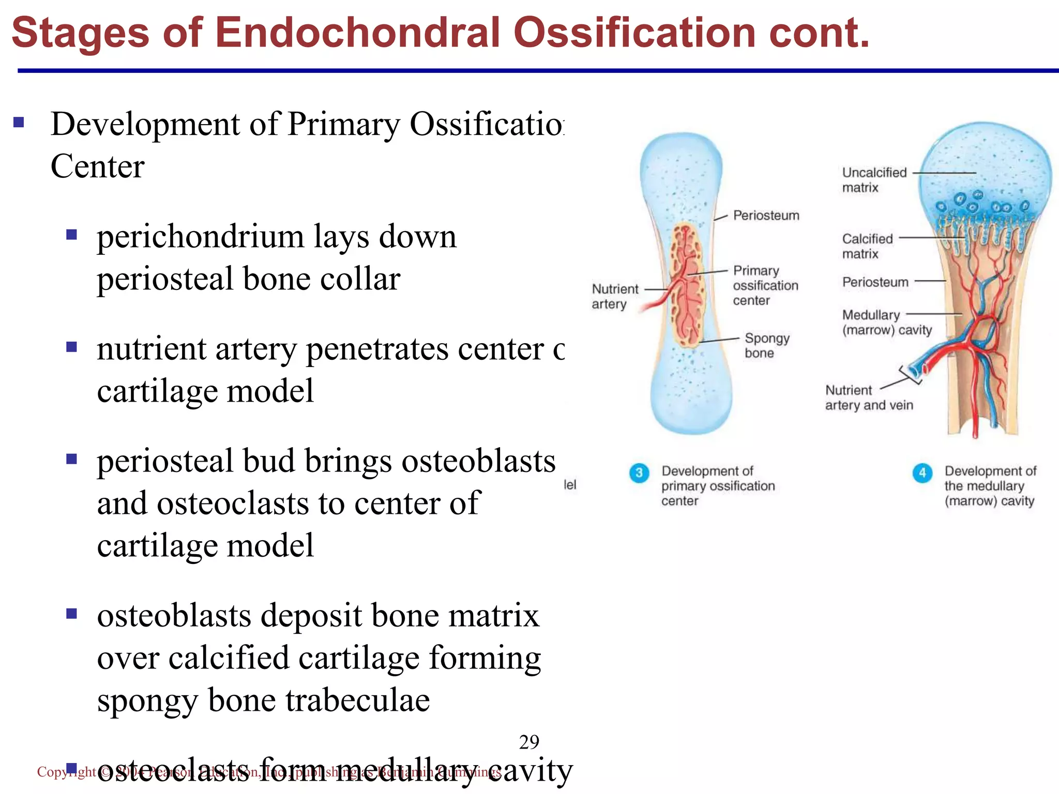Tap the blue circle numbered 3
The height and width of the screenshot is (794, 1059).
(x=639, y=472)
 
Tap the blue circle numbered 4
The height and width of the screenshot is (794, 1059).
(x=922, y=472)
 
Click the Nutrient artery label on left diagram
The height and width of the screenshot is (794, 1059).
(x=614, y=296)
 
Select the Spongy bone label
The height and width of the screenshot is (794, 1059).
(x=766, y=345)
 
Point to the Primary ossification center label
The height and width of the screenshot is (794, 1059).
(x=765, y=285)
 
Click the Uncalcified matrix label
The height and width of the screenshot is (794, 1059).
(x=874, y=180)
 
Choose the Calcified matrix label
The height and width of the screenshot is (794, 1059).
(x=867, y=246)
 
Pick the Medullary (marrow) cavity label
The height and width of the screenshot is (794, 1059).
(x=886, y=322)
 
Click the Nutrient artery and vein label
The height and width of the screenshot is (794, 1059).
(x=869, y=398)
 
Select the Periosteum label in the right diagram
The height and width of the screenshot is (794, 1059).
(x=875, y=282)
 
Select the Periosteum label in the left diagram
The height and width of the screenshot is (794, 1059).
(x=766, y=216)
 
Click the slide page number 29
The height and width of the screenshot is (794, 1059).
(x=529, y=742)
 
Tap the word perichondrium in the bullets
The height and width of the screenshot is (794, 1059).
(x=200, y=237)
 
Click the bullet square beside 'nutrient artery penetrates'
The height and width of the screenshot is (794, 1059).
(x=71, y=346)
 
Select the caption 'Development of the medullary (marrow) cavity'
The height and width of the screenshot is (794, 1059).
(x=989, y=486)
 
